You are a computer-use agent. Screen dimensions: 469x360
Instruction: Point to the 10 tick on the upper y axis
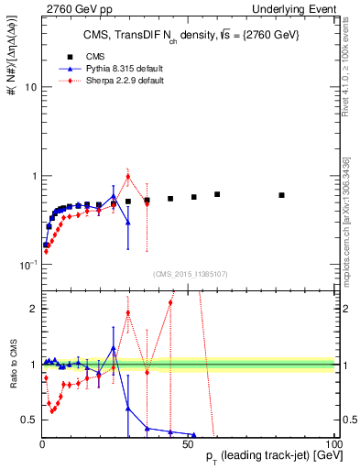29,87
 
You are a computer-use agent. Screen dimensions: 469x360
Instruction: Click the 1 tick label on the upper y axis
33,176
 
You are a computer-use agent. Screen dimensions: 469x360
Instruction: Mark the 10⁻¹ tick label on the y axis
27,264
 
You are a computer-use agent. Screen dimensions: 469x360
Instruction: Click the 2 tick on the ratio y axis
33,309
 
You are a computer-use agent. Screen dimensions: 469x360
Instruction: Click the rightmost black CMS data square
282,195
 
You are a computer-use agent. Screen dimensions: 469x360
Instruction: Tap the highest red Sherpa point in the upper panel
128,177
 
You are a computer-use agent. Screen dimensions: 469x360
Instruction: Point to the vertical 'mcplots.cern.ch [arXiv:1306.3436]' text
347,201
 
